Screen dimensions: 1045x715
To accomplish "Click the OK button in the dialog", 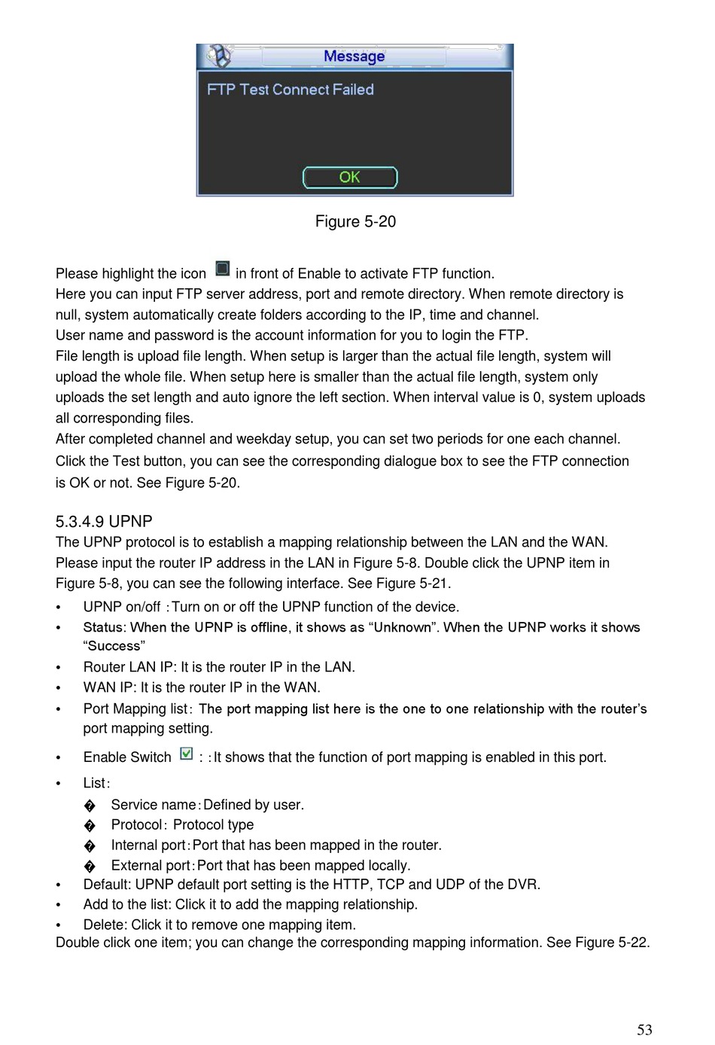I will coord(350,178).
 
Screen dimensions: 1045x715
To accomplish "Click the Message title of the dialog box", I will coord(354,56).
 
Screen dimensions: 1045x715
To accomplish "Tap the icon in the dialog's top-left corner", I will coord(219,56).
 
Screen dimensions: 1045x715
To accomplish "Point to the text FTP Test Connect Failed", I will coord(291,90).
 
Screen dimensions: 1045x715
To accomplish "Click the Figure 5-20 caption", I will coord(355,221).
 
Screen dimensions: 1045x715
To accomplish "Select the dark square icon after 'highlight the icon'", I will coord(222,269).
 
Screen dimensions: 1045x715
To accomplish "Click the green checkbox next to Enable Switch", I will coord(187,754).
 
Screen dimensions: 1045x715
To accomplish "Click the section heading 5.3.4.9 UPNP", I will coord(104,522).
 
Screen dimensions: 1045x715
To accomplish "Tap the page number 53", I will coord(644,1030).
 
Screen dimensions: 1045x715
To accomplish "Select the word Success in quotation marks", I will coord(114,646).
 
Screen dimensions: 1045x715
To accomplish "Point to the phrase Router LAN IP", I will coord(129,667).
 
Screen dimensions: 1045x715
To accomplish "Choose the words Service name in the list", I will coord(153,805).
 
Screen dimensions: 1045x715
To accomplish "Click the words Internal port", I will coord(148,845).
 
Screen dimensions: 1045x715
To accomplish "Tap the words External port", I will coord(151,866).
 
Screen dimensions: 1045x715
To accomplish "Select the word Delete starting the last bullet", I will coord(103,925).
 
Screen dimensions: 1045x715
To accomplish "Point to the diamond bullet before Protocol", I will coord(90,826).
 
